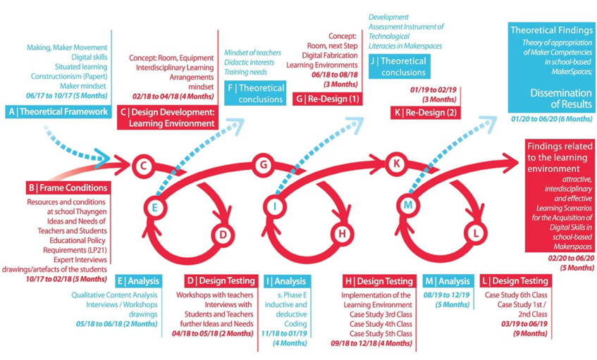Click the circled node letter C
pyautogui.click(x=143, y=166)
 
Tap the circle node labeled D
pyautogui.click(x=223, y=235)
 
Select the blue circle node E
pyautogui.click(x=154, y=207)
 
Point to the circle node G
pyautogui.click(x=263, y=165)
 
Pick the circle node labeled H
pyautogui.click(x=342, y=233)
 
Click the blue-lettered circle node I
pyautogui.click(x=274, y=206)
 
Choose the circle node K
pyautogui.click(x=396, y=163)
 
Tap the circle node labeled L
pyautogui.click(x=476, y=233)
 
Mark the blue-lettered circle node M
pyautogui.click(x=408, y=205)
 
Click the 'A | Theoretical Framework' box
pyautogui.click(x=59, y=111)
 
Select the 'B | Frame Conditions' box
pyautogui.click(x=68, y=187)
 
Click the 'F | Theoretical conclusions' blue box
pyautogui.click(x=255, y=93)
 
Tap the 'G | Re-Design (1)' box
pyautogui.click(x=328, y=99)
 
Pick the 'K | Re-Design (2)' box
pyautogui.click(x=425, y=113)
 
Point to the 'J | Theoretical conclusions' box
pyautogui.click(x=400, y=67)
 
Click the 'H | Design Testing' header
pyautogui.click(x=379, y=281)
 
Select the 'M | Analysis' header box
pyautogui.click(x=448, y=281)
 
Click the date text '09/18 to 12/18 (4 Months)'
pyautogui.click(x=371, y=343)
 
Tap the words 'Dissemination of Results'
pyautogui.click(x=561, y=99)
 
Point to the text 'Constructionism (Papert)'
pyautogui.click(x=69, y=76)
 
